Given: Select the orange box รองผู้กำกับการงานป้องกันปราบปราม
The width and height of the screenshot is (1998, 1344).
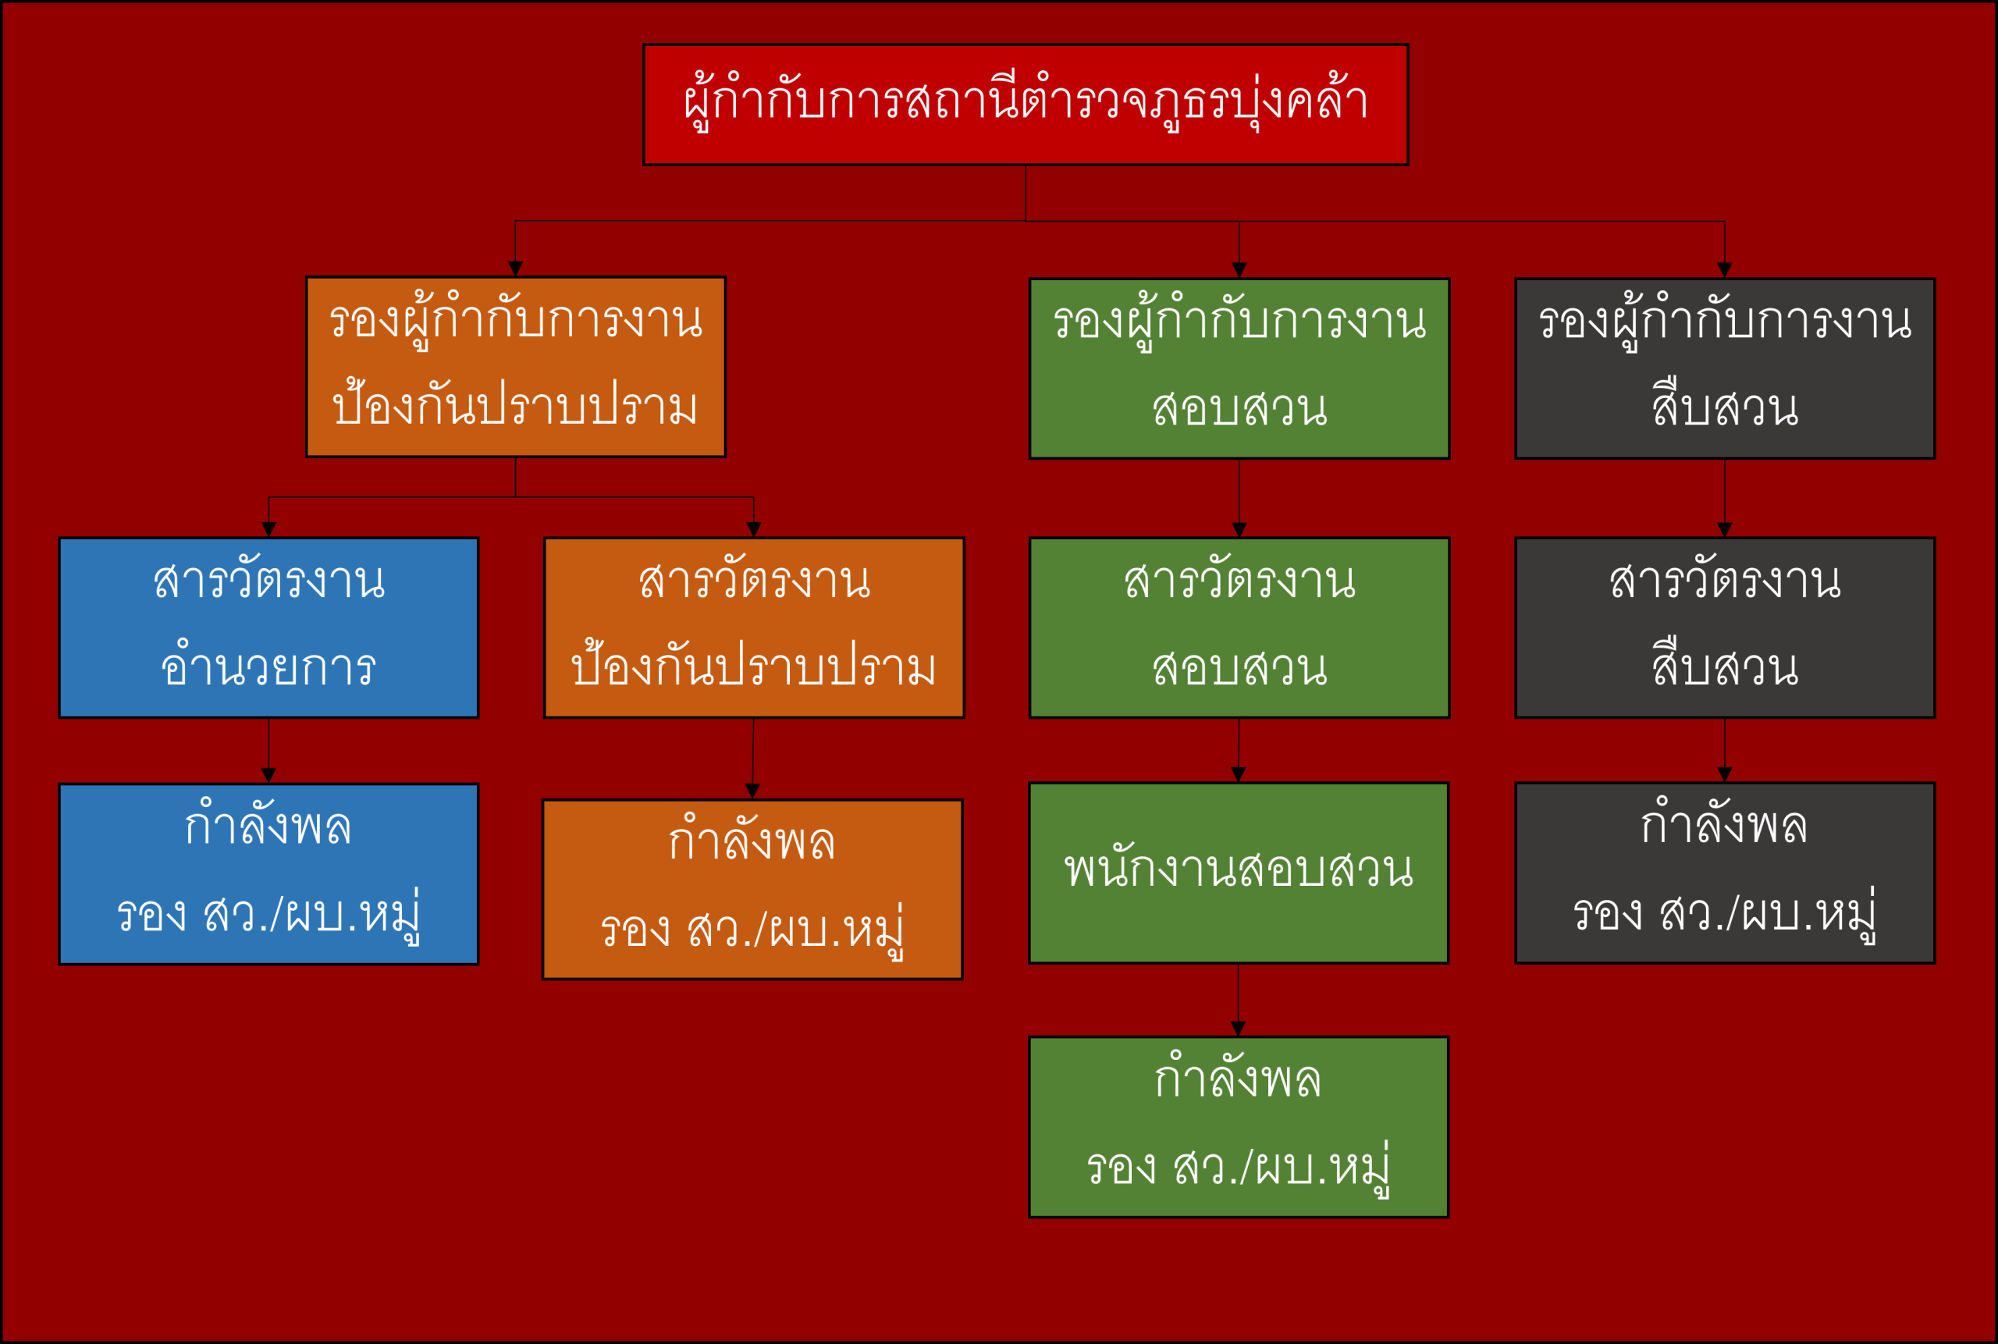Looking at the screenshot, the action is tap(515, 367).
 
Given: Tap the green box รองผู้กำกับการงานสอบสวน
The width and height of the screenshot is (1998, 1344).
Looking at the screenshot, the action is tap(1239, 368).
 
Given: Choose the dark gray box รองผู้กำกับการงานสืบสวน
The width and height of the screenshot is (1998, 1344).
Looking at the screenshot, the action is tap(1725, 368).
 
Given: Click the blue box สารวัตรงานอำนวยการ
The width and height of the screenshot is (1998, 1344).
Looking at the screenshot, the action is tap(268, 628).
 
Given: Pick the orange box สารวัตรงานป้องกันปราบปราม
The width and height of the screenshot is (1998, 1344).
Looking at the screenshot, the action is tap(753, 628).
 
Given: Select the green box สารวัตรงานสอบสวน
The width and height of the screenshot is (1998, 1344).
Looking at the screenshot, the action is tap(1239, 628).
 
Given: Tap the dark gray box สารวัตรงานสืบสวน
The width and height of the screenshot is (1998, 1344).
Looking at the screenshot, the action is tap(1725, 628).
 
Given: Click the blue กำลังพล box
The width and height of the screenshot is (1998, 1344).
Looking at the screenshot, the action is tap(268, 874).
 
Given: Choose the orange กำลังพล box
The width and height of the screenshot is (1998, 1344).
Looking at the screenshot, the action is tap(752, 890).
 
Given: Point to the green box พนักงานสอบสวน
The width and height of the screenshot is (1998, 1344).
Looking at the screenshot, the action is tap(1238, 873).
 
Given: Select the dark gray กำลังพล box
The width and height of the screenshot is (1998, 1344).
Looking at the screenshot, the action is tap(1725, 873).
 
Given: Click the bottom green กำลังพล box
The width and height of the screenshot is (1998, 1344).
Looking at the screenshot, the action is tap(1238, 1127).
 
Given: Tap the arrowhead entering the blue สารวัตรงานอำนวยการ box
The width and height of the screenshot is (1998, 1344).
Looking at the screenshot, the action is tap(268, 530).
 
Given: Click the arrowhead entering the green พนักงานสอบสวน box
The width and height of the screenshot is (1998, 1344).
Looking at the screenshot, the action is tap(1238, 775).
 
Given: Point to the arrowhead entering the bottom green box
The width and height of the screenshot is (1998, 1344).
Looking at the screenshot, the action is tap(1238, 1029).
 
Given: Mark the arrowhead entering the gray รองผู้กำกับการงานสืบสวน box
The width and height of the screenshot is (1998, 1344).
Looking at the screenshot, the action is tap(1725, 270).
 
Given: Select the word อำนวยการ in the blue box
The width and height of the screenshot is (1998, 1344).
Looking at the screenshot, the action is tap(268, 665).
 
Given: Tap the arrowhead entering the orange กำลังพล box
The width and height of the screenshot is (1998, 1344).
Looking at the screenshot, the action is tap(752, 791).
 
